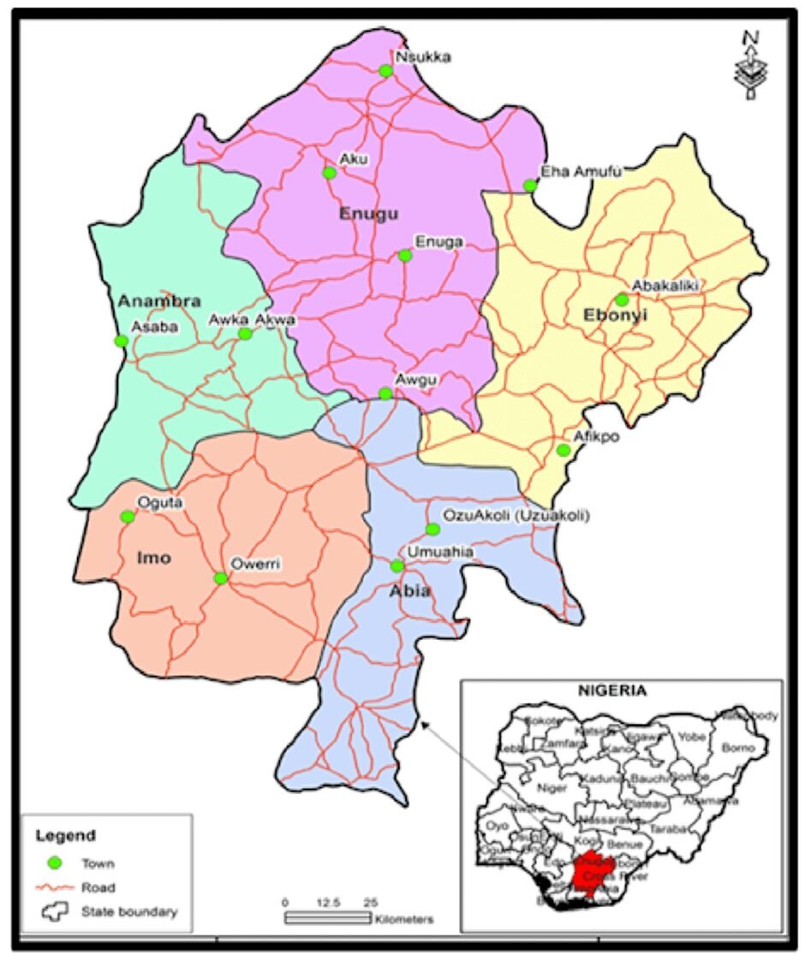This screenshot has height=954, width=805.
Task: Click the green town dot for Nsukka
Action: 386,70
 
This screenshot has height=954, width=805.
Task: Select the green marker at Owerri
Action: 221,578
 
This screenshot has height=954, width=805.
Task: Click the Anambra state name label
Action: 159,301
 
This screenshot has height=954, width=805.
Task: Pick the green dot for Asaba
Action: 122,341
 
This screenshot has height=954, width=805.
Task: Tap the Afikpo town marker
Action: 563,450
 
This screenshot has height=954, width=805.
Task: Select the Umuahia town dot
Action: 397,566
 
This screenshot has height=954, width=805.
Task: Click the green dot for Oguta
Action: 128,516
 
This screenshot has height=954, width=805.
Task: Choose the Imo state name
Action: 154,559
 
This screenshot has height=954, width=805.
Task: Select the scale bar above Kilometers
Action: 327,918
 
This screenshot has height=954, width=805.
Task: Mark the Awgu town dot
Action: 385,394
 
